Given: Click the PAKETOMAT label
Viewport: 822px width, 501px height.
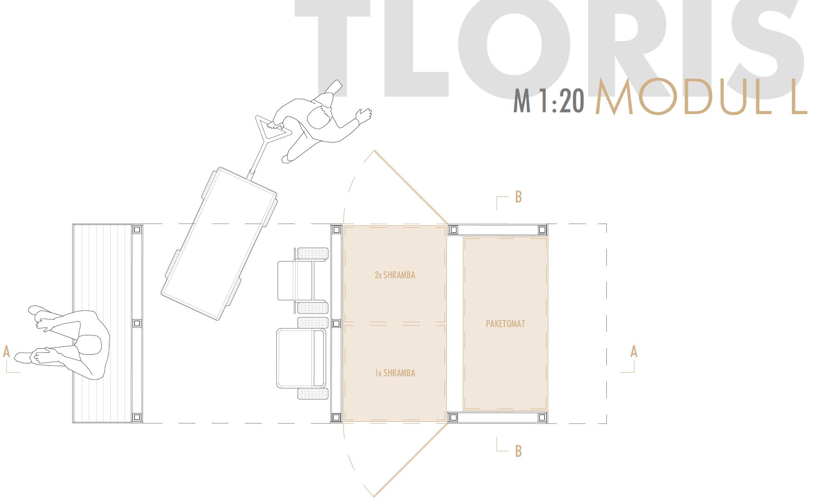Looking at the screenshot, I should coord(505,324).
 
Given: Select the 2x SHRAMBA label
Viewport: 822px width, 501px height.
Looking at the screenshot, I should coord(394,275).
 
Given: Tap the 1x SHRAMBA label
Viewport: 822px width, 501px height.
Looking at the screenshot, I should coord(394,373).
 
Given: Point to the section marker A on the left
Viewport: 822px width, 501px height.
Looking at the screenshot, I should coord(6,351).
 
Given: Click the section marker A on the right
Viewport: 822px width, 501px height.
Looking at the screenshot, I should coord(634,351).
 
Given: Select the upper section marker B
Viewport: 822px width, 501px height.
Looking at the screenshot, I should coord(518,197).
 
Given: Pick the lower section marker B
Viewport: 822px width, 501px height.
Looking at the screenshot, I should coord(518,451).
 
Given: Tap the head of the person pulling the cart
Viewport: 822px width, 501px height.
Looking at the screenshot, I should coord(319,116).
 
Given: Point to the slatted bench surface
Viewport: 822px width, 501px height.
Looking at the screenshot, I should coord(102,276).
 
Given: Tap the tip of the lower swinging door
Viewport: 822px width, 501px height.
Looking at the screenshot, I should coord(374,496).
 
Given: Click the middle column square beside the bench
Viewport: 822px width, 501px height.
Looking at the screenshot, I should coord(137,323).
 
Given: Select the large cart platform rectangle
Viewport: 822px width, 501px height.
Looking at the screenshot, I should coord(219,244).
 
